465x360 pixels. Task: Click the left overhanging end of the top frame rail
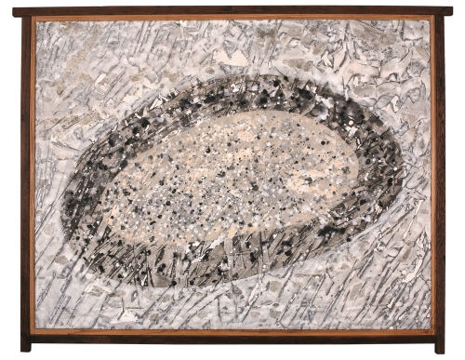(16, 11)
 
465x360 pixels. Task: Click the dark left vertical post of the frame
(26, 177)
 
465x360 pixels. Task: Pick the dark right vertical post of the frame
(439, 177)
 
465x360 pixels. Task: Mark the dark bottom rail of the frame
(232, 339)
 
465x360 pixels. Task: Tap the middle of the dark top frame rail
(232, 11)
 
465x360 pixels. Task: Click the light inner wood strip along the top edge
(232, 19)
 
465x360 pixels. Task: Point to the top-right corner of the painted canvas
(429, 22)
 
